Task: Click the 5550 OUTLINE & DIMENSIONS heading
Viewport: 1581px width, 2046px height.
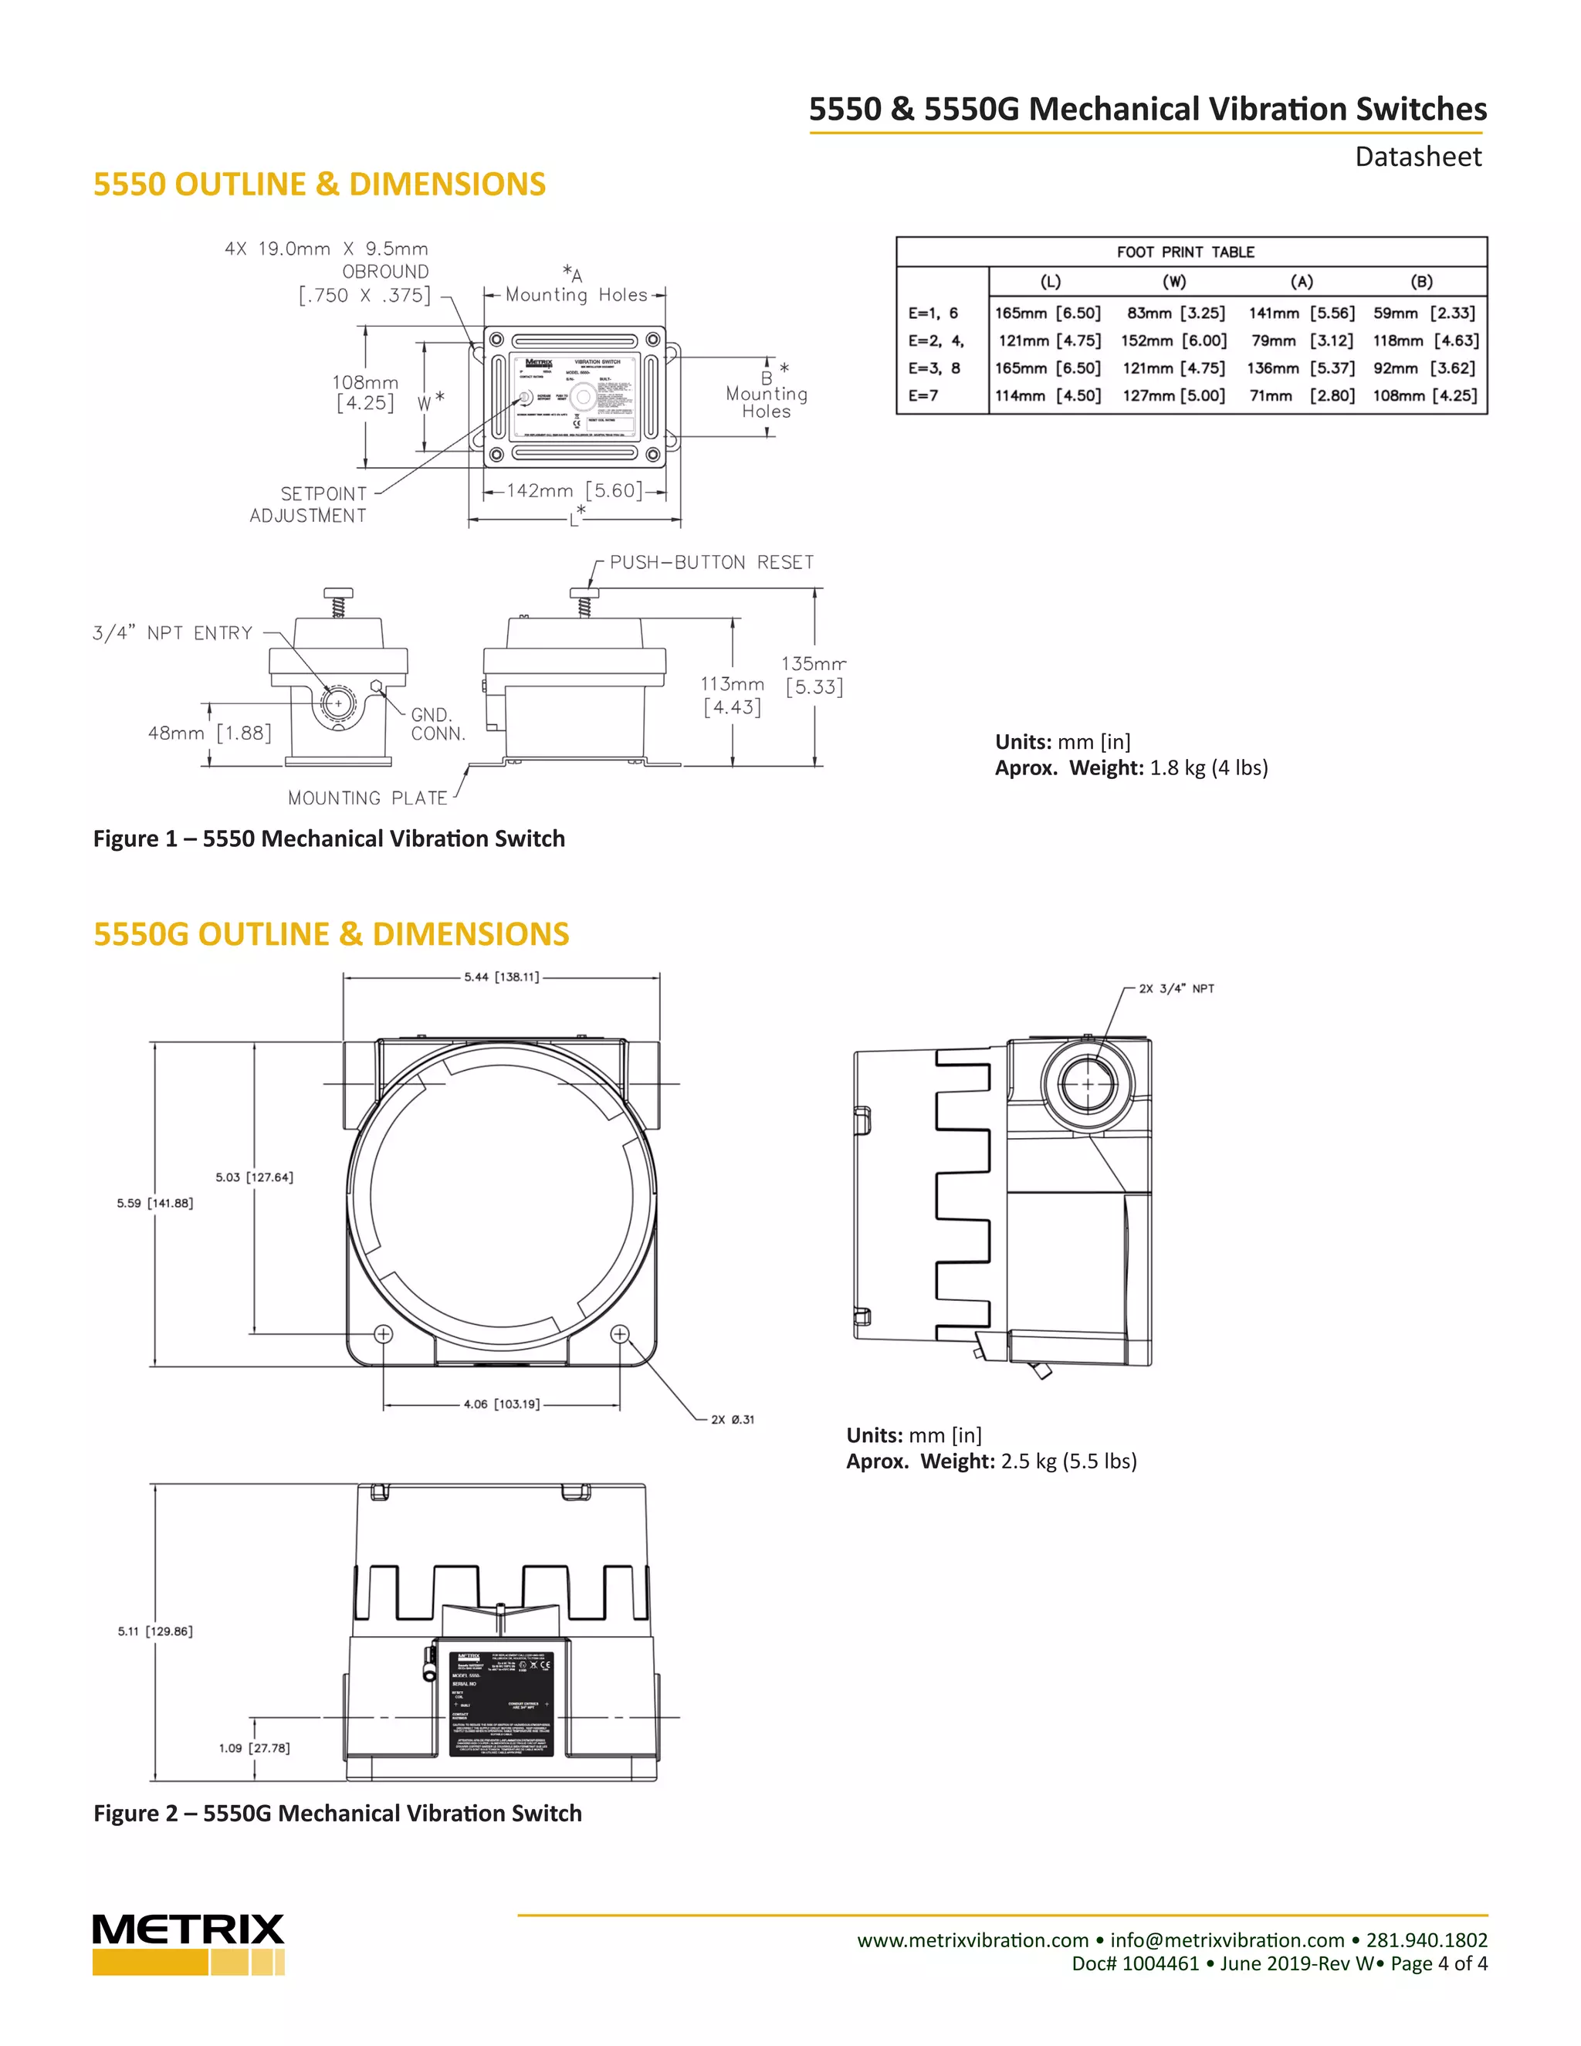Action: tap(320, 184)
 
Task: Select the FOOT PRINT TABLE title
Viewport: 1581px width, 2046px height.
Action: tap(1185, 252)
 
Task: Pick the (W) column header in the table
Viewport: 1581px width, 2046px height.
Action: tap(1173, 281)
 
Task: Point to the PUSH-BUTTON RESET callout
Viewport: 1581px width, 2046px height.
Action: tap(712, 562)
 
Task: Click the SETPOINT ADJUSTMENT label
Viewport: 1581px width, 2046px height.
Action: tap(308, 504)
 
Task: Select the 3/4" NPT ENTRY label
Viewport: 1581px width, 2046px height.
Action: tap(173, 633)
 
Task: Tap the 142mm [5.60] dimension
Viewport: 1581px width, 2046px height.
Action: tap(574, 490)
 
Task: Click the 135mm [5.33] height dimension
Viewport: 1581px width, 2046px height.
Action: tap(813, 676)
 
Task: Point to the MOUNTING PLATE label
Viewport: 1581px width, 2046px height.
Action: tap(367, 798)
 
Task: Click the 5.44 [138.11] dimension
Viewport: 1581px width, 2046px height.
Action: tap(502, 977)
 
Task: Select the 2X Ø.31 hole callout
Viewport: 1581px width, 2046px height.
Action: tap(732, 1419)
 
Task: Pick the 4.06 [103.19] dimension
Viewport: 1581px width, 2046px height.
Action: tap(502, 1404)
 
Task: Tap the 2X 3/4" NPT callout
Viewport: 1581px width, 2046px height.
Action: tap(1176, 988)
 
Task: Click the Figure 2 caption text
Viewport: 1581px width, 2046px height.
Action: tap(337, 1813)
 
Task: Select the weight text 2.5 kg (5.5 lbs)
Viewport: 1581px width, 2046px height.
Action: tap(1068, 1462)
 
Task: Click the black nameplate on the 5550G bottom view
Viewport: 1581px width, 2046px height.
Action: tap(502, 1703)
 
